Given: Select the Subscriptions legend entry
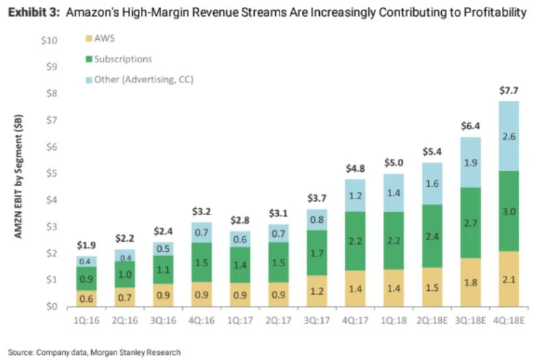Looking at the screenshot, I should (123, 60).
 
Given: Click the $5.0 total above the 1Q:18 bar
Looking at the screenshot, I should (393, 164).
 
